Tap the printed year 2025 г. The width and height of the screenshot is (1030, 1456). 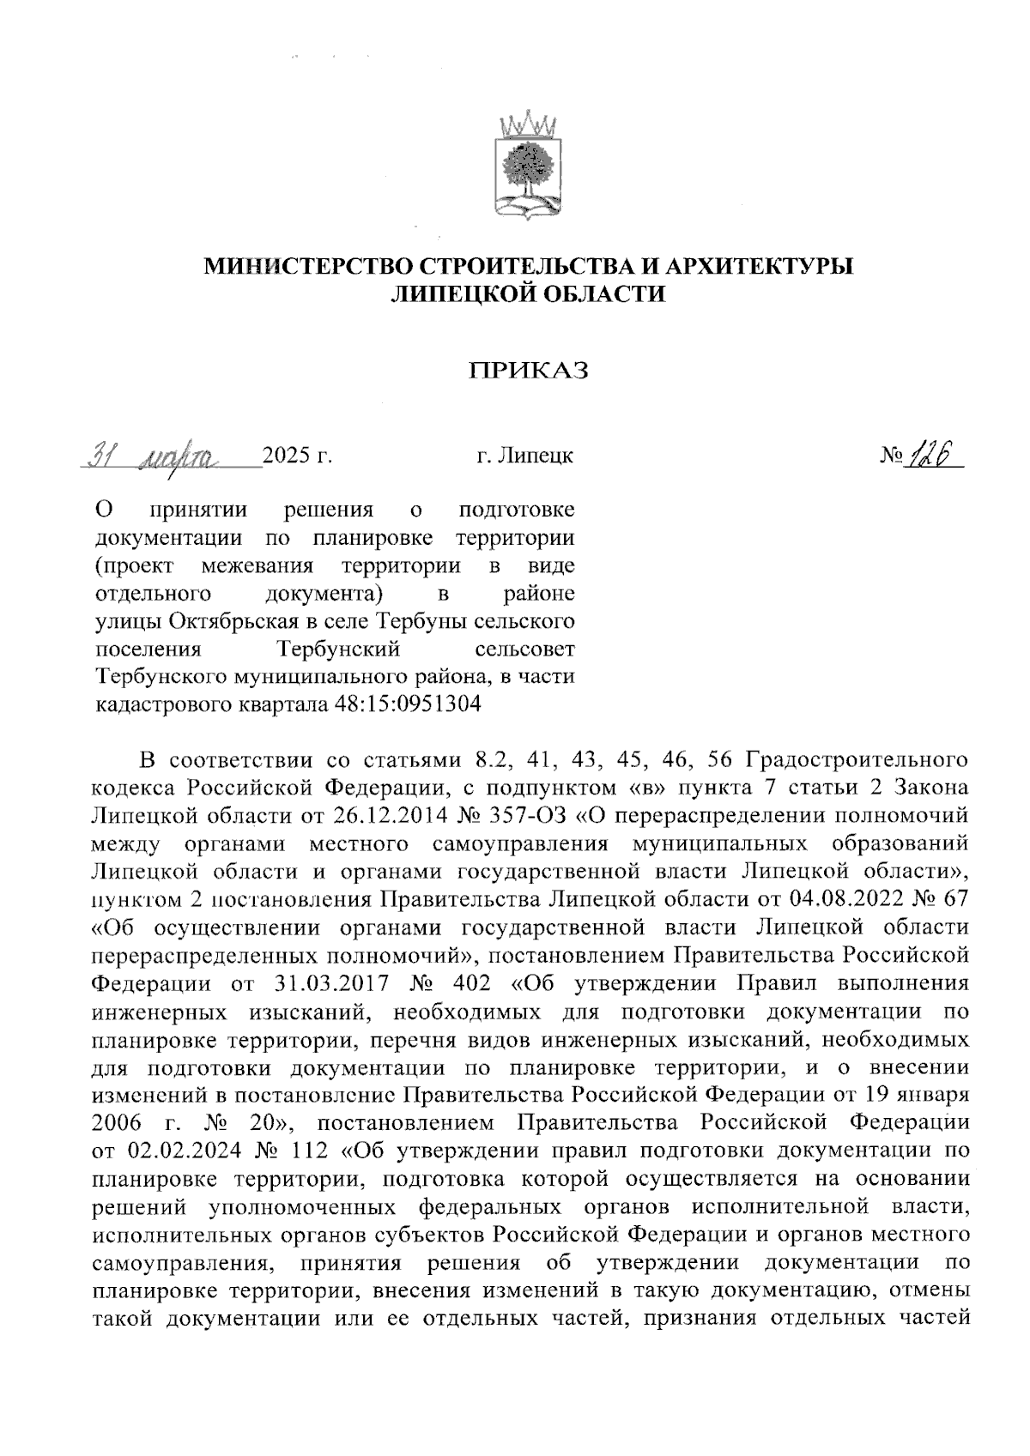pos(297,456)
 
